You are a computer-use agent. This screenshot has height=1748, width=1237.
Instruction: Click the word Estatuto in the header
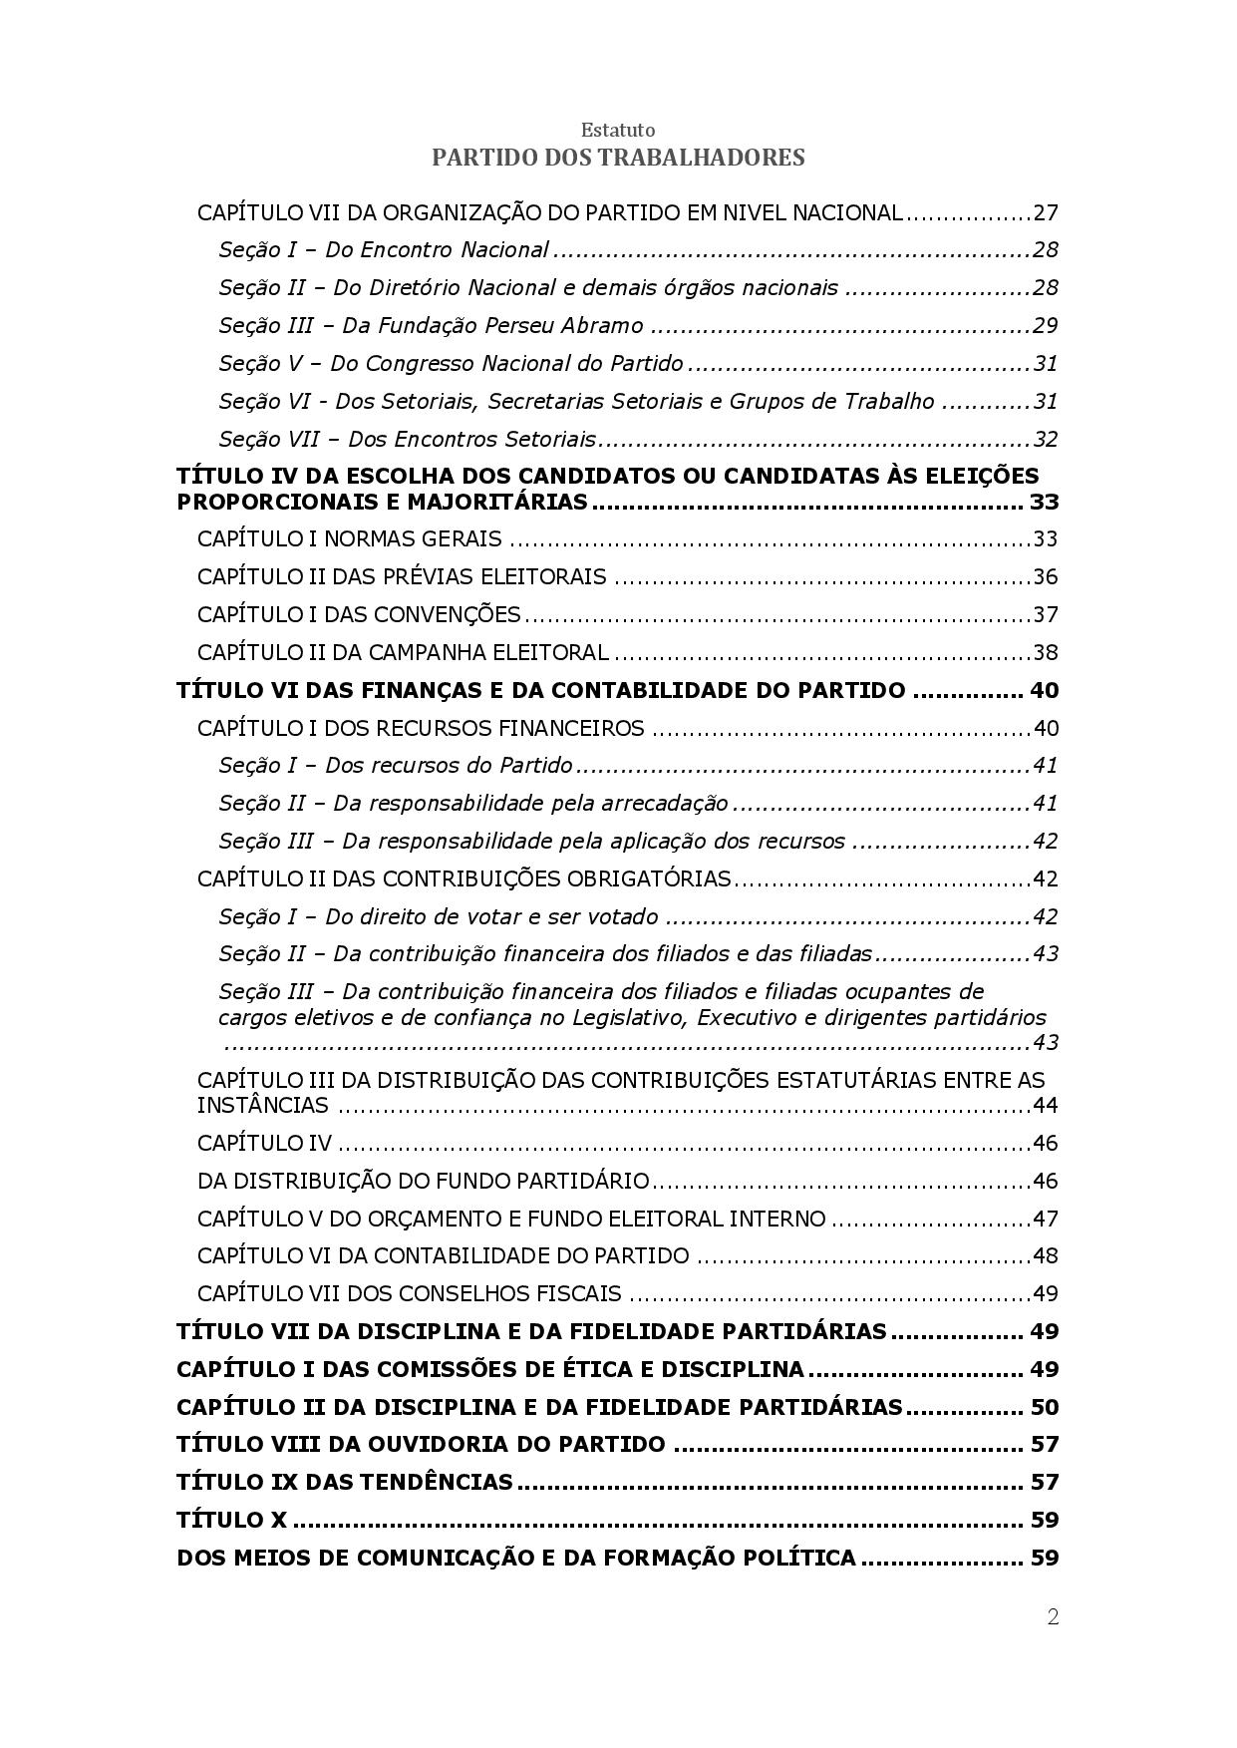pos(618,131)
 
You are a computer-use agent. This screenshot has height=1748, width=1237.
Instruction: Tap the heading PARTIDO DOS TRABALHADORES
pos(618,158)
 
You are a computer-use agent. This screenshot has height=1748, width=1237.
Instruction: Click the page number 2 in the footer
pos(1053,1617)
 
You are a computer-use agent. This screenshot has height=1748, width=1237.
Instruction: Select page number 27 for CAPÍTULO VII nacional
pos(1046,213)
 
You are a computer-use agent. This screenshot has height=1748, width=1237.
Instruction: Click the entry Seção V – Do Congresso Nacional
pos(451,364)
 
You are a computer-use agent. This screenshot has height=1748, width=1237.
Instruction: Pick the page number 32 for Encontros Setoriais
pos(1046,440)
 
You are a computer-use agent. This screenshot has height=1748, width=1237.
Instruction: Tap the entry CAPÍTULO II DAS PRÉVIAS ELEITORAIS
pos(402,577)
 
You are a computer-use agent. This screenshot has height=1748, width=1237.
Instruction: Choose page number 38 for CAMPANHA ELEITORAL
pos(1046,653)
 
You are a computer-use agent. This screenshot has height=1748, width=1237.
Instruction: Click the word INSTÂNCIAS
pos(262,1106)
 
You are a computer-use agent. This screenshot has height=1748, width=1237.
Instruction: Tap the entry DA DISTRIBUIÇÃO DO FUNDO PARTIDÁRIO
pos(424,1182)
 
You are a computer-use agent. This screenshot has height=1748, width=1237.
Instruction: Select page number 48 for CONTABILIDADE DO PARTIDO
pos(1046,1256)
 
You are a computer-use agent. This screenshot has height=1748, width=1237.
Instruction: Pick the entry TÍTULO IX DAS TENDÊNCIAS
pos(344,1483)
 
